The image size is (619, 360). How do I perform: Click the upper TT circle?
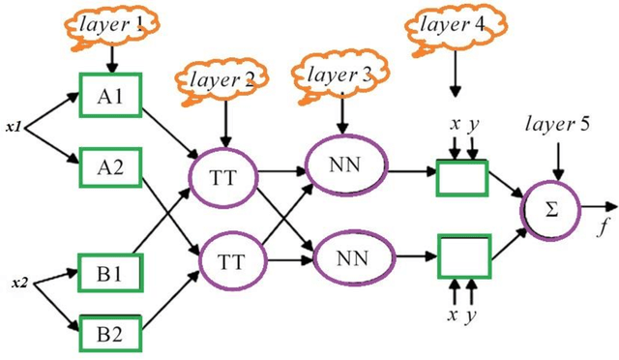(223, 176)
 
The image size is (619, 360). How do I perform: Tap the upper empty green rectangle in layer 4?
(461, 177)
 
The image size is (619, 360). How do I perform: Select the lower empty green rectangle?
(461, 259)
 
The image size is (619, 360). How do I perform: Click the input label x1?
(15, 126)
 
